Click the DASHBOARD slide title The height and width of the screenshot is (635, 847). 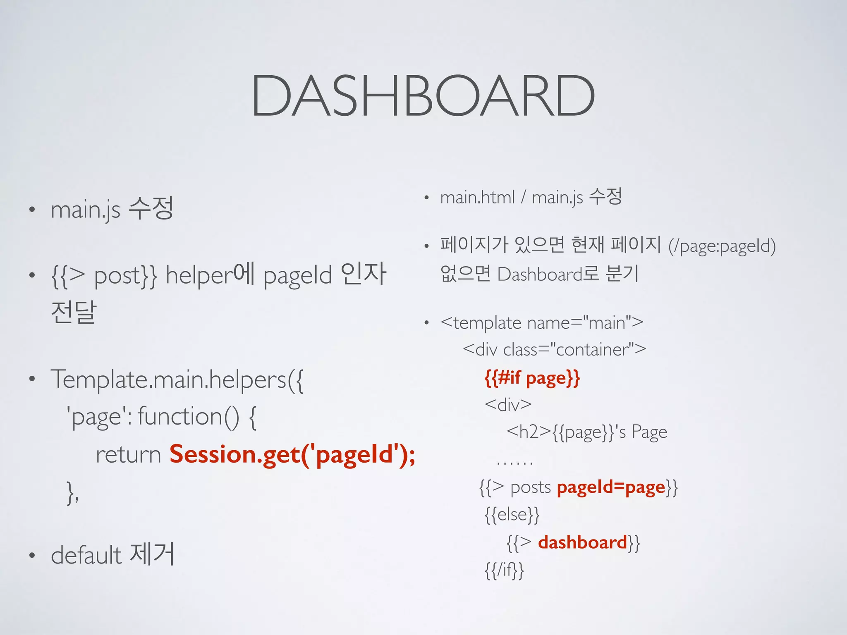[x=423, y=96]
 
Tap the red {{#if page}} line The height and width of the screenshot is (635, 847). [x=532, y=378]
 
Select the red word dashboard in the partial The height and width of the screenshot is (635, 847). [x=582, y=542]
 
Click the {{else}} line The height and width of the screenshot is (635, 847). [x=512, y=515]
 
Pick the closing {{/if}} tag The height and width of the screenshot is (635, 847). [x=504, y=570]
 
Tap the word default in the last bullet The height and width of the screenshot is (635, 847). [x=86, y=555]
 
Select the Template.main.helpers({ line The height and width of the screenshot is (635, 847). [x=177, y=380]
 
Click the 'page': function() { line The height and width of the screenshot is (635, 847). [x=161, y=417]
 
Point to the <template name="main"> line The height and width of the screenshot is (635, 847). [x=542, y=323]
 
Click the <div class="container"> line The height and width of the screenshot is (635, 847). [x=554, y=350]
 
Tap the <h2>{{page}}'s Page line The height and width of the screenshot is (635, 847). [x=586, y=432]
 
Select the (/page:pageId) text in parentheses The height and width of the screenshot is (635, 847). [x=722, y=246]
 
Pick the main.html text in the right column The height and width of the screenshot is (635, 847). [x=477, y=198]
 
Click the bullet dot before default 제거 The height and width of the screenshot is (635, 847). [x=32, y=556]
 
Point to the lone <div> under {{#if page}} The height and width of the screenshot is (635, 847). [x=508, y=405]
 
